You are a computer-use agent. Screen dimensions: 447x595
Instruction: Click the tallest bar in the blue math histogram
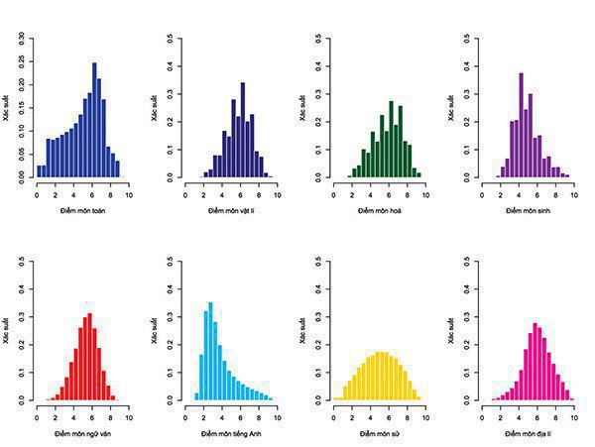94,120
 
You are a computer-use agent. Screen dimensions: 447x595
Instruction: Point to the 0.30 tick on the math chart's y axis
22,40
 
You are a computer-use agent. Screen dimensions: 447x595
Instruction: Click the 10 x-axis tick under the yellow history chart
425,413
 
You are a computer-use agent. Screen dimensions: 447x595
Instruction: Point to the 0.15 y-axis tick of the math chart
22,108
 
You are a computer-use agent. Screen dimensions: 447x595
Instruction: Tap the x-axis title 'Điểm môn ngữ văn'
82,435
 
